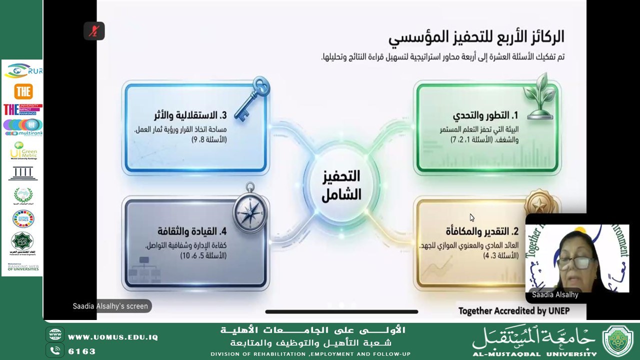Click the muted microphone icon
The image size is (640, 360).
94,31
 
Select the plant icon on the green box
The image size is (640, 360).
540,97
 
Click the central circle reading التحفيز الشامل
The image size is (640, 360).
341,185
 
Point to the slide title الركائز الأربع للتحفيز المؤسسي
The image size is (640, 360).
476,36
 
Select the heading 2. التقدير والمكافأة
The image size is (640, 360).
482,231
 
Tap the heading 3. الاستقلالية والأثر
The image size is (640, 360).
190,115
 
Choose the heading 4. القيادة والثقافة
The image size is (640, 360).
192,231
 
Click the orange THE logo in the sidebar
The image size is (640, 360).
23,91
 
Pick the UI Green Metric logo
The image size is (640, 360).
23,150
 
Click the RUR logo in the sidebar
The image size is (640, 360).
23,71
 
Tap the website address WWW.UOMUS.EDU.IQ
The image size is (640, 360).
113,337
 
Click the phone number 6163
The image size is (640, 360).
82,351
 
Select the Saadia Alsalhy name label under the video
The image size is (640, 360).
555,294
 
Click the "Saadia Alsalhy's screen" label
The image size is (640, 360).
110,306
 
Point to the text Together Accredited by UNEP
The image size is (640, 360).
514,311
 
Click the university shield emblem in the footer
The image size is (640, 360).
618,341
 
